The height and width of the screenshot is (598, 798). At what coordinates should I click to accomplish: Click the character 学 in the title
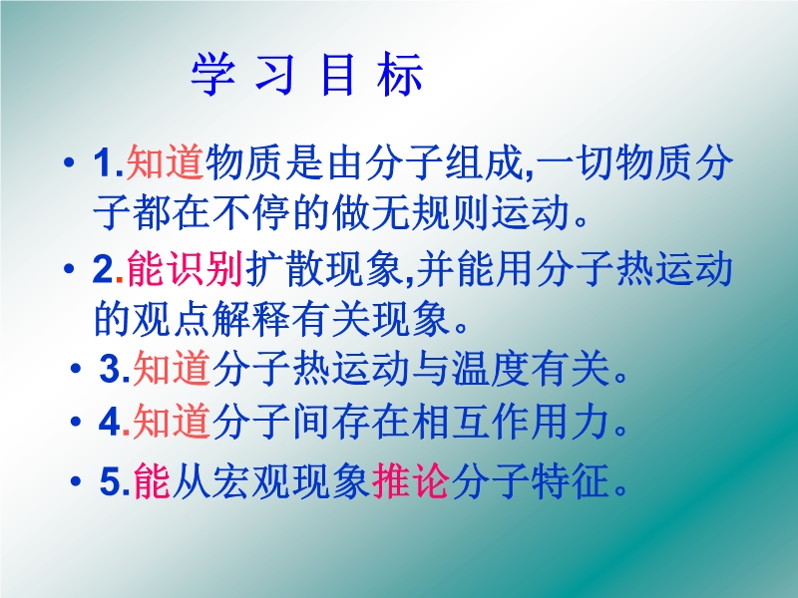(x=213, y=74)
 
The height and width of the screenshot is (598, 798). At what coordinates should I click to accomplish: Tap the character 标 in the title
(x=400, y=74)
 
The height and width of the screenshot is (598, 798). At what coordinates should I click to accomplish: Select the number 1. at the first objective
(x=109, y=163)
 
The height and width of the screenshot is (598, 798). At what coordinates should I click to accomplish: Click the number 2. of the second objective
(x=108, y=269)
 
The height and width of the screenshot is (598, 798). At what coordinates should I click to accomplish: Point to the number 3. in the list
(x=115, y=369)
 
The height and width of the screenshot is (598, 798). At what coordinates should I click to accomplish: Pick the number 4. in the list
(x=115, y=422)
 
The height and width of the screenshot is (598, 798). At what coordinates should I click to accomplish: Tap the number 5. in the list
(x=116, y=480)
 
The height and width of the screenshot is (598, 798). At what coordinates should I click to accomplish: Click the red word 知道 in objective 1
(x=166, y=162)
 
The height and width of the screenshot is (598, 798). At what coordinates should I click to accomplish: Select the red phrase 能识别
(x=185, y=268)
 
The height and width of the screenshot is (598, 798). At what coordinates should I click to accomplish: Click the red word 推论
(x=410, y=480)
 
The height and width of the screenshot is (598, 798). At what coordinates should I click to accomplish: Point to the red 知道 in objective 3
(x=172, y=368)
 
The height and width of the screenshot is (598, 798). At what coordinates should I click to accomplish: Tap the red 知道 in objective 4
(x=172, y=421)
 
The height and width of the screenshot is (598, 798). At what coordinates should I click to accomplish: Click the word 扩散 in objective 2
(x=284, y=268)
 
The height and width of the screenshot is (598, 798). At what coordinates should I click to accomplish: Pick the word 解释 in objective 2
(x=251, y=319)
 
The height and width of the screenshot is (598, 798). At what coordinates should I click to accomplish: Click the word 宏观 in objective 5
(x=251, y=480)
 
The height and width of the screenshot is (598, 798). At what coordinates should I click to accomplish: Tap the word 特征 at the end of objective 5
(x=571, y=480)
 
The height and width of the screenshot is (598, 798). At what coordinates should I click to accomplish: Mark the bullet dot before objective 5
(x=76, y=480)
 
